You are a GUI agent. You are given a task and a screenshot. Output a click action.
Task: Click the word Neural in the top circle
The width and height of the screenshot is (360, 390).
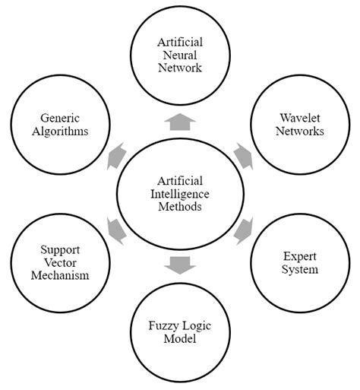click(180, 54)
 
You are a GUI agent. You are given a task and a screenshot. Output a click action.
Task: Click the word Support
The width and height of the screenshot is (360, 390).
click(61, 249)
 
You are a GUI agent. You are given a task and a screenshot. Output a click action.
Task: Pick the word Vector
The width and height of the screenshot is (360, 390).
click(61, 262)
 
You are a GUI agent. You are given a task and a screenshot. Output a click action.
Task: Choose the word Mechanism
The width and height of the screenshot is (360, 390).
click(61, 275)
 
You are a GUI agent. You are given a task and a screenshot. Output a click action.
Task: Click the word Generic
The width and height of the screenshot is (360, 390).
click(61, 117)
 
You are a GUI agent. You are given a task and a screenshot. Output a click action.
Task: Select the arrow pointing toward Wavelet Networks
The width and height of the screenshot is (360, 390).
click(242, 156)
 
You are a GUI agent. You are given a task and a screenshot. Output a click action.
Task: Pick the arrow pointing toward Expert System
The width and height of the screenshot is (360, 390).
click(243, 230)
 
